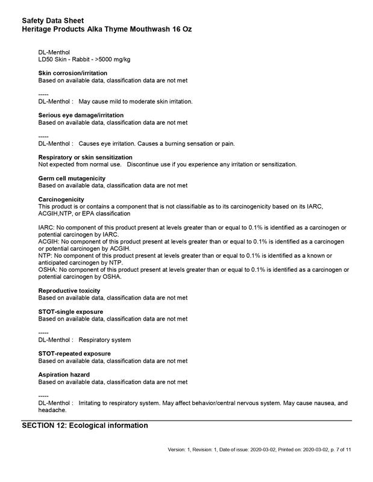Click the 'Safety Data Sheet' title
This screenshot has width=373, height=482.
coord(53,20)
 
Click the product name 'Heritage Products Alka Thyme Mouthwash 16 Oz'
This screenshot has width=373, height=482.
coord(107,29)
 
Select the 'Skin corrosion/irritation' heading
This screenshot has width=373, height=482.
coord(73,73)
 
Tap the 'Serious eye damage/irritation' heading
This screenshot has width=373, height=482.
coord(81,115)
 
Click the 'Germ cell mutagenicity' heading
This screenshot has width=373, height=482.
coord(72,178)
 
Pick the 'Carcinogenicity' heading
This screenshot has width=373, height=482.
coord(61,199)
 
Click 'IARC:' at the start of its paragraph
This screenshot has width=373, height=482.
coord(46,227)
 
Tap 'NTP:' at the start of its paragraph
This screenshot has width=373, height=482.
coord(45,255)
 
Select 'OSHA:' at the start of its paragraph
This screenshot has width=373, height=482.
coord(48,270)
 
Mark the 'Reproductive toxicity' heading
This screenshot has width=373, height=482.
coord(69,291)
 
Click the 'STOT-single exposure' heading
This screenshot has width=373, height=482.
coord(71,312)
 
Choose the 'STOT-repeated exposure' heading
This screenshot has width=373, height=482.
coord(75,354)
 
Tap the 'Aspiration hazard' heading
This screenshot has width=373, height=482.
coord(64,375)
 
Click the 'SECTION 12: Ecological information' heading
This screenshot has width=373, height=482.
coord(85,425)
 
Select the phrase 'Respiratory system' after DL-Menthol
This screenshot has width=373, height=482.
coord(105,340)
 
